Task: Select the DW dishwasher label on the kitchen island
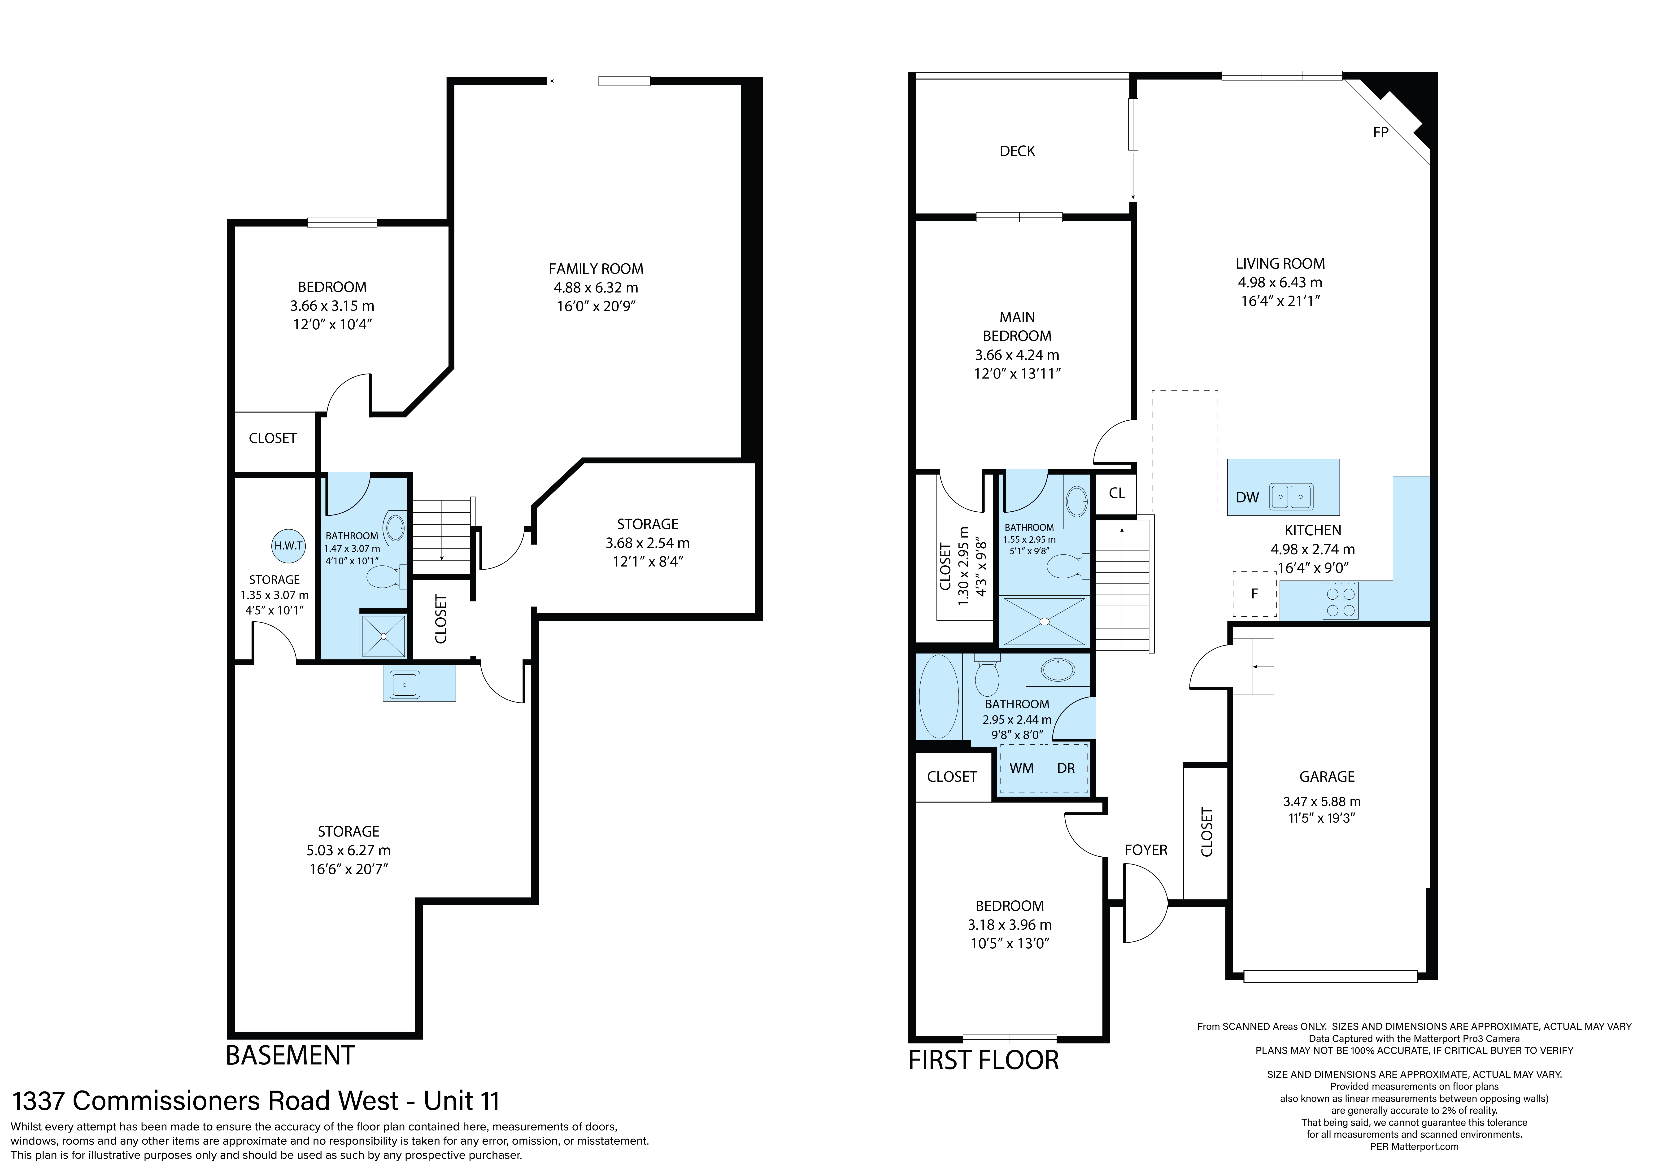coord(1247,497)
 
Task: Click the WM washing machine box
coord(1022,768)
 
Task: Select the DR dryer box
coord(1067,768)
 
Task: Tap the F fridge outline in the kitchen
coord(1254,593)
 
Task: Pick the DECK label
coord(1017,151)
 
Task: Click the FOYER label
coord(1146,850)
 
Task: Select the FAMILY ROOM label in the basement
coord(596,269)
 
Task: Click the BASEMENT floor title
coord(291,1056)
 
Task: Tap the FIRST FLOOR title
coord(983,1060)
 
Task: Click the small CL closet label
coord(1117,493)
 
